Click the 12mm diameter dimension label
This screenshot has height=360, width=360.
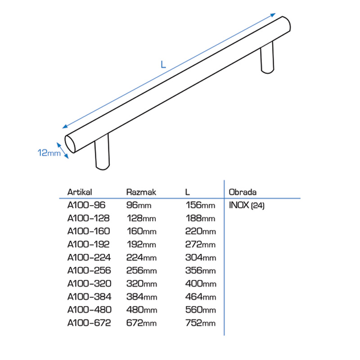49,153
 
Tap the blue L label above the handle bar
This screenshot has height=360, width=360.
163,64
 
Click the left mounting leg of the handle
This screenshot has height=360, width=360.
102,152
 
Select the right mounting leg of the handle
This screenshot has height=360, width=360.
267,58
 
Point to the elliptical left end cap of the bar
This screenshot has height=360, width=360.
70,144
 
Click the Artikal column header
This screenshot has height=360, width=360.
80,192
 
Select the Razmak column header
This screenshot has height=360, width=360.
141,192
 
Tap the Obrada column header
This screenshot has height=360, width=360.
243,192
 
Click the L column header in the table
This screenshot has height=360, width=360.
187,192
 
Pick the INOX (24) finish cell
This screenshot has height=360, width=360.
247,205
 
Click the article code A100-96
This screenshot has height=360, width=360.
86,205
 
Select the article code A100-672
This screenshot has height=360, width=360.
89,323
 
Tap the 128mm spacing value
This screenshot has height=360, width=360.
141,218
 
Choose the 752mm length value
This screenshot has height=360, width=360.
200,323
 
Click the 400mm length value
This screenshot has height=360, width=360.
201,283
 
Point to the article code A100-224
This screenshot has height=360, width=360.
89,257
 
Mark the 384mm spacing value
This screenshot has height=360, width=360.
142,297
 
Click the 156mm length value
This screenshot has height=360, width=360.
200,205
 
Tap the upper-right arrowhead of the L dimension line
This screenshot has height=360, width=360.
273,15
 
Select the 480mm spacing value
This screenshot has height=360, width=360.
142,310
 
